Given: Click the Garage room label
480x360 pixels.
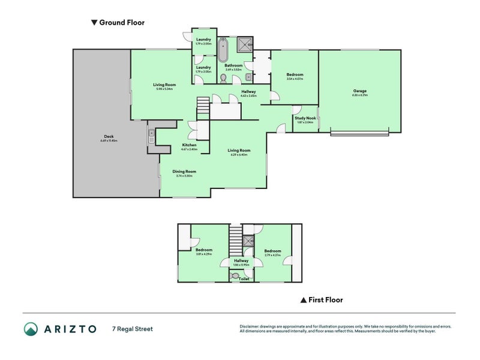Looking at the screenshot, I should (x=360, y=91).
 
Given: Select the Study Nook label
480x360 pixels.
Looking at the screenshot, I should (x=305, y=119).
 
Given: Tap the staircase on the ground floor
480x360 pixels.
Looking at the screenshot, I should (x=203, y=109).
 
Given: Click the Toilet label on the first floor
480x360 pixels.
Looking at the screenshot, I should (x=244, y=279).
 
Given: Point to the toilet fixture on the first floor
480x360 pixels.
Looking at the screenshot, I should (x=235, y=275).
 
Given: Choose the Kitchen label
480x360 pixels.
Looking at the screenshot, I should (x=189, y=145).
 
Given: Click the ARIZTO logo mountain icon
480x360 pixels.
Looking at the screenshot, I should (x=31, y=329).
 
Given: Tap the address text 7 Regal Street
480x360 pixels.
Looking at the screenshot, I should (x=132, y=329).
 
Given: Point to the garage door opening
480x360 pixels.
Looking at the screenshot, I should (x=359, y=131).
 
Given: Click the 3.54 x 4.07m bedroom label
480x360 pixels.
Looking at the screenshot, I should (x=295, y=75).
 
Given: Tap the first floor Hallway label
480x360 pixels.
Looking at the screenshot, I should (x=241, y=261).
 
